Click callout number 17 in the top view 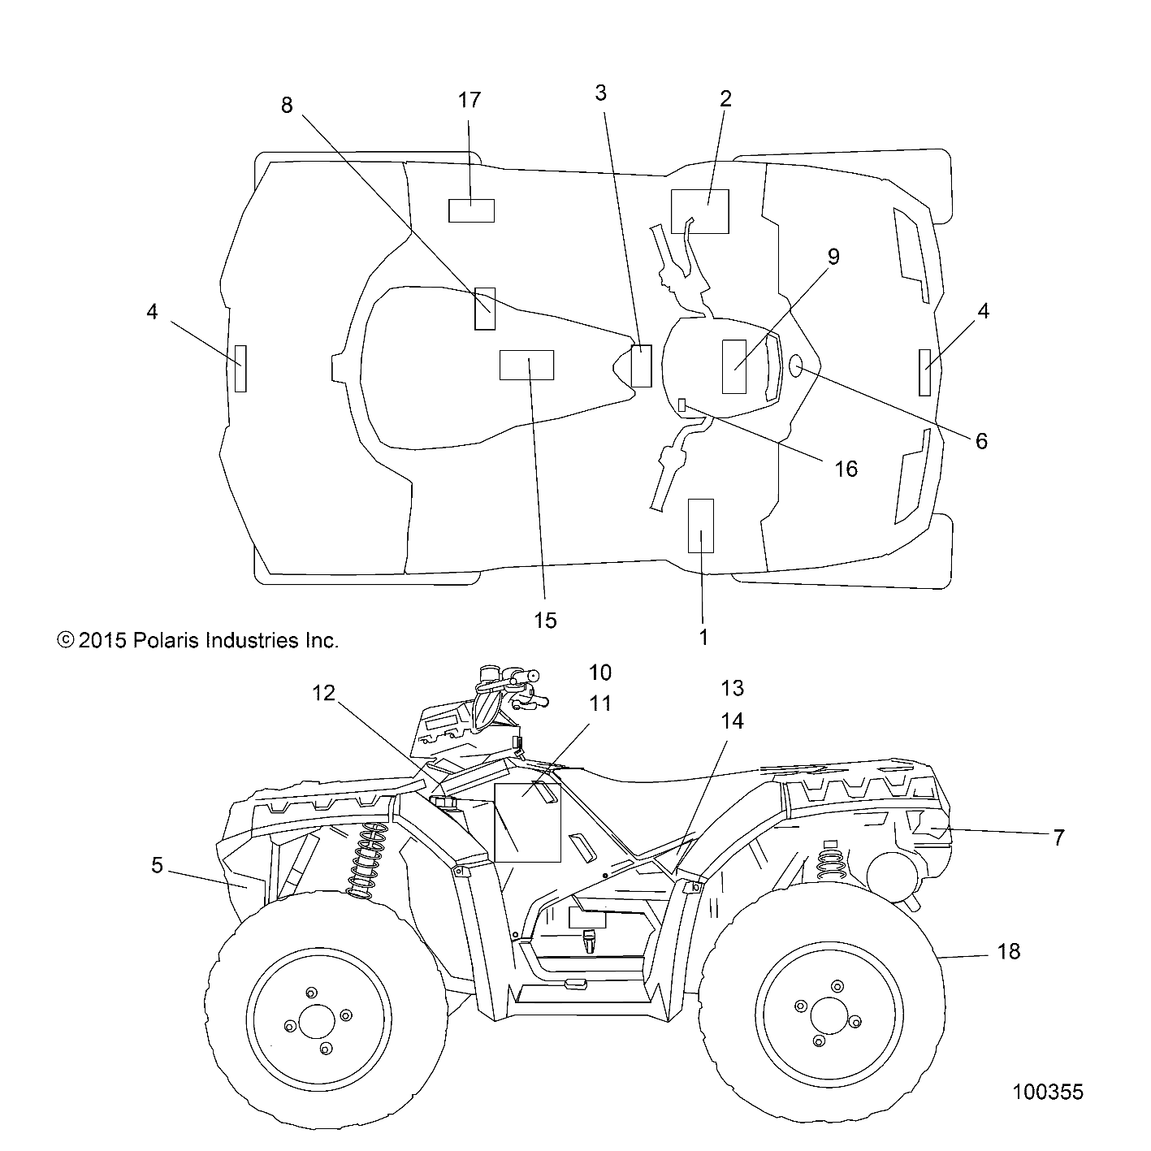coord(469,101)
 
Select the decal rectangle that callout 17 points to coord(471,210)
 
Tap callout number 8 coord(286,106)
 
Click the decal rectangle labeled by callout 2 coord(699,211)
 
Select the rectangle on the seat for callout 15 coord(526,365)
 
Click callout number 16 coord(846,468)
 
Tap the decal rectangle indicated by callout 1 coord(700,526)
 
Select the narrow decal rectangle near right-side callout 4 coord(924,372)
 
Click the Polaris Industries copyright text coord(197,640)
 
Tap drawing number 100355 coord(1047,1092)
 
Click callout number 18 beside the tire coord(1008,950)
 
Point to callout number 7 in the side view coord(1058,837)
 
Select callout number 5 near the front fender coord(157,866)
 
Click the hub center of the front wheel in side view coord(317,1021)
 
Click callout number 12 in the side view coord(323,693)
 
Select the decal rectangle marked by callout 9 coord(733,366)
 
